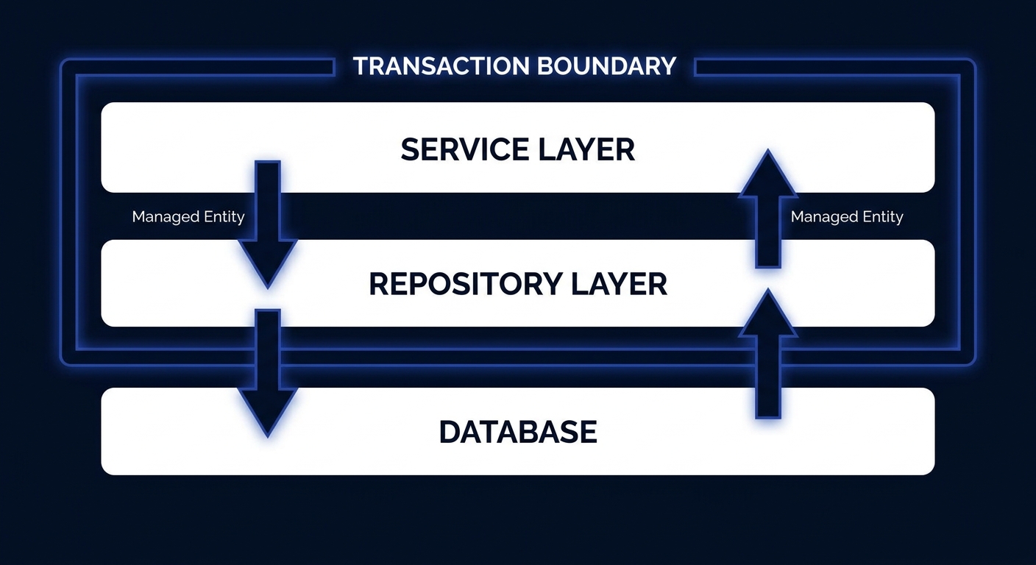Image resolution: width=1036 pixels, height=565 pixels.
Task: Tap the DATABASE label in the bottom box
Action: click(x=518, y=432)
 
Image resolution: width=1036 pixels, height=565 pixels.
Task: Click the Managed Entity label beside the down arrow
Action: click(x=188, y=217)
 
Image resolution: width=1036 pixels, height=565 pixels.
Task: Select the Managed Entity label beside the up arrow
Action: click(x=846, y=217)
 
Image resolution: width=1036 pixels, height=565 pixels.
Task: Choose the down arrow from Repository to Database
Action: click(x=268, y=368)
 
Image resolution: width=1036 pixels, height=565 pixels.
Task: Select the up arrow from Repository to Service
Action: click(x=768, y=213)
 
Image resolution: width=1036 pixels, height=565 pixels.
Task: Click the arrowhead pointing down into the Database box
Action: click(x=268, y=412)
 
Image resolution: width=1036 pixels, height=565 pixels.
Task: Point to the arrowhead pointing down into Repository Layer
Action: click(x=268, y=263)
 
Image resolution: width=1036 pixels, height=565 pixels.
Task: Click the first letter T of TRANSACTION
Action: click(x=360, y=66)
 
